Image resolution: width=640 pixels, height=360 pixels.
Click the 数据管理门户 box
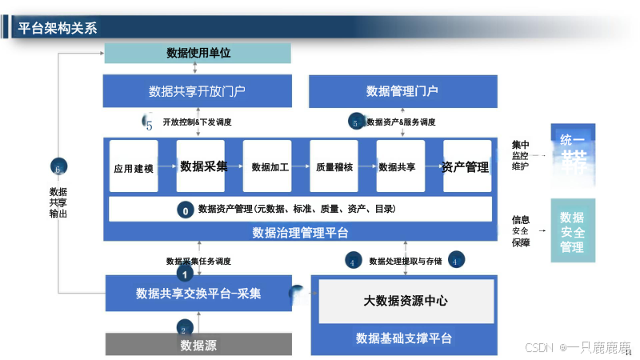402,90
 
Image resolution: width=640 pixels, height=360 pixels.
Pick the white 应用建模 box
133,168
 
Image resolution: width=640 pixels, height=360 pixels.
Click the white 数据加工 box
270,167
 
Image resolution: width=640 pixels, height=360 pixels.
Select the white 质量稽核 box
334,167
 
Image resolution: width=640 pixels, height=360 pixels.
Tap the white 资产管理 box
466,167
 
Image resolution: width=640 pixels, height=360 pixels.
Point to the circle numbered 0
185,210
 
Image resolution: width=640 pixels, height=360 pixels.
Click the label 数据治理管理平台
300,233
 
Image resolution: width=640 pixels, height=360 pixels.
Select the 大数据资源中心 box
406,301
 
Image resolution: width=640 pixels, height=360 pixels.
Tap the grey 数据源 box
198,346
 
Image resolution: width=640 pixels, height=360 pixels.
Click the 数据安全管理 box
572,232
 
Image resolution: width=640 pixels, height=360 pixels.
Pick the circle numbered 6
58,168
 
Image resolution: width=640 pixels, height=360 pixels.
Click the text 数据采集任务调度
198,261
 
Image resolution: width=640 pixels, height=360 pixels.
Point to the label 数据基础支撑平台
404,338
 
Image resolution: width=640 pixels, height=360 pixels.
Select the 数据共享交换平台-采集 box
198,294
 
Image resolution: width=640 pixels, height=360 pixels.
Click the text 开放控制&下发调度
197,122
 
